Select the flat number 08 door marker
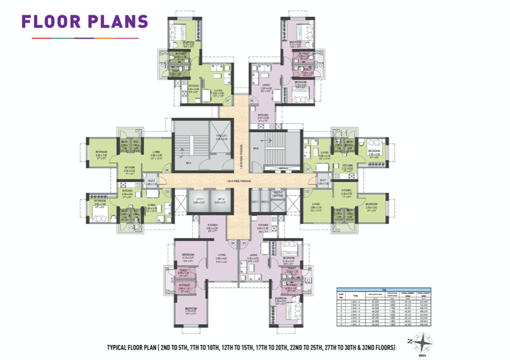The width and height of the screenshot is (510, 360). [x=251, y=99]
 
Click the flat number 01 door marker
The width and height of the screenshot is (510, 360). [x=308, y=170]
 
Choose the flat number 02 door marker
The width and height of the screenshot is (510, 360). [x=308, y=191]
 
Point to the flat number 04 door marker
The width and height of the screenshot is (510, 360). [x=233, y=243]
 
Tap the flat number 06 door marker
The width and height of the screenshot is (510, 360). [x=167, y=170]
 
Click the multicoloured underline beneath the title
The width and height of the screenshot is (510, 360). [x=85, y=38]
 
